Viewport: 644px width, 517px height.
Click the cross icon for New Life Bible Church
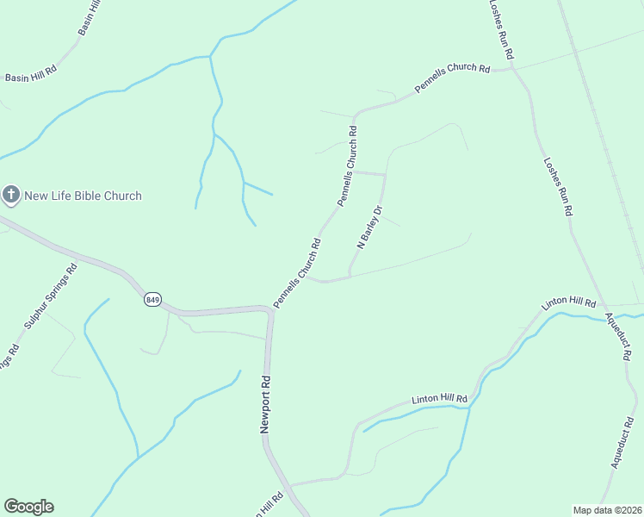11,196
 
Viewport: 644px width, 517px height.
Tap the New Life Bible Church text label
83,196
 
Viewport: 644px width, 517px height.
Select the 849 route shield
152,299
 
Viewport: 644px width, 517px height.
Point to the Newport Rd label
267,403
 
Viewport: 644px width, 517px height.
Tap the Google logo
28,507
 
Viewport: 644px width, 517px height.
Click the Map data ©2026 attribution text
607,509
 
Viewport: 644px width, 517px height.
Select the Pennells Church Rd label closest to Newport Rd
297,273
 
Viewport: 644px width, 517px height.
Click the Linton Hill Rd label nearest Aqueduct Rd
568,303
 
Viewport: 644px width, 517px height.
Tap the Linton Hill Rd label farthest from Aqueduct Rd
439,399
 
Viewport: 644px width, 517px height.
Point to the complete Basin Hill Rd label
31,77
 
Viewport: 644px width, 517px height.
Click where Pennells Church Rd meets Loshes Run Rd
515,69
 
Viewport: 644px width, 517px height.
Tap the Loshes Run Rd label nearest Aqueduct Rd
559,187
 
